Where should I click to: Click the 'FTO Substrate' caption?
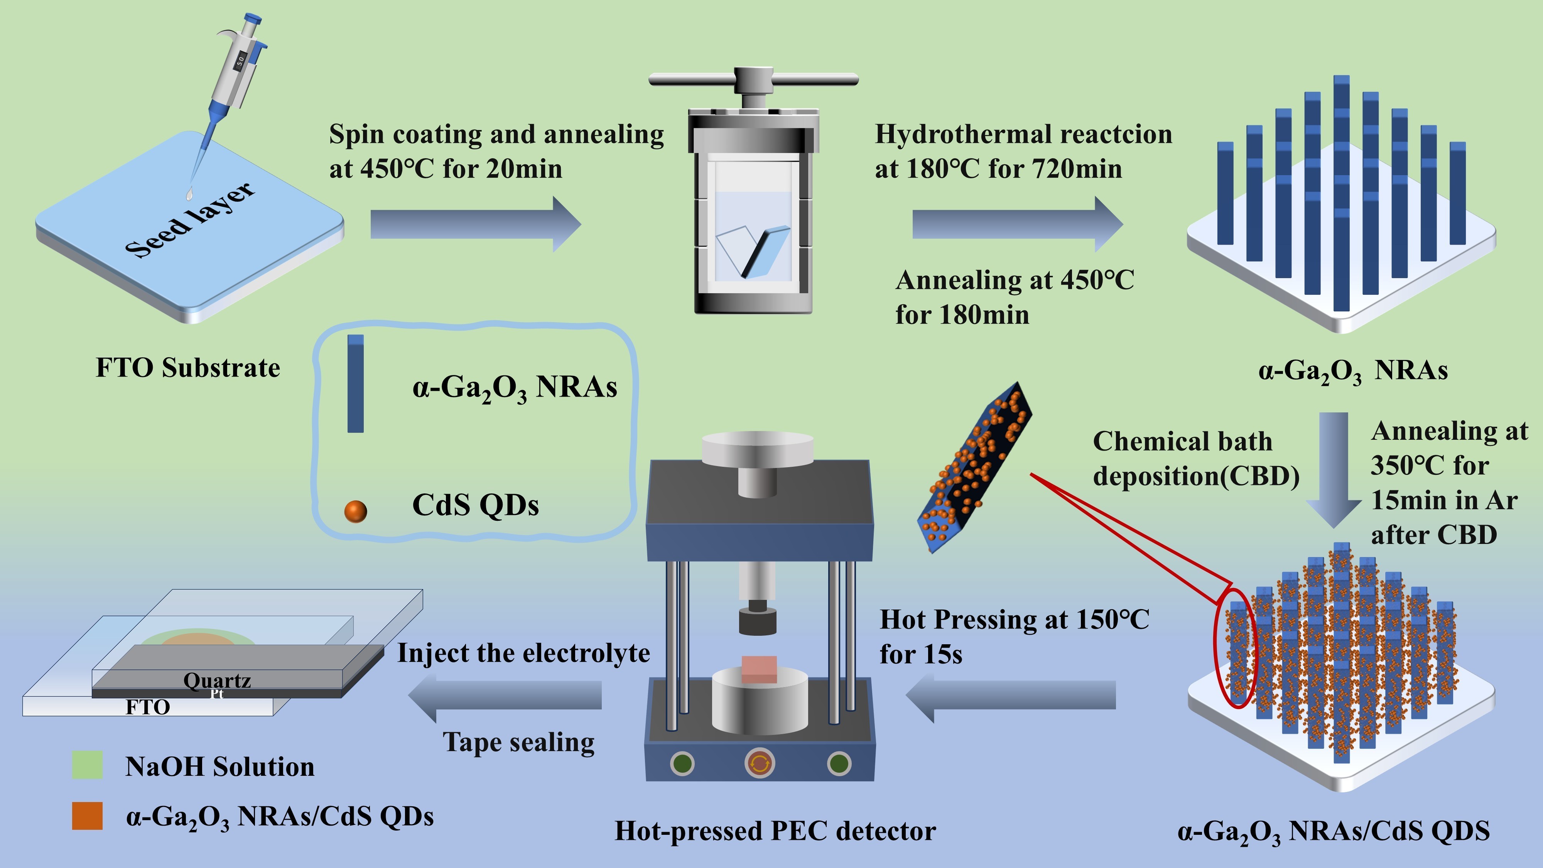pyautogui.click(x=187, y=368)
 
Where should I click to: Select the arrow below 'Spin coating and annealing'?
pyautogui.click(x=475, y=224)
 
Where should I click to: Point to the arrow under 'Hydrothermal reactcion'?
pyautogui.click(x=1017, y=224)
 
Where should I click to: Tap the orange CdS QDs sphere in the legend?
pyautogui.click(x=355, y=511)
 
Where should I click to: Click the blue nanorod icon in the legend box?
pyautogui.click(x=355, y=383)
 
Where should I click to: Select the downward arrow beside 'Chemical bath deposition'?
pyautogui.click(x=1334, y=467)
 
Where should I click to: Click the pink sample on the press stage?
pyautogui.click(x=759, y=669)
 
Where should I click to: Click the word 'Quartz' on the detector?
pyautogui.click(x=217, y=681)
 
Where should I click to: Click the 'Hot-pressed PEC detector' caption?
pyautogui.click(x=775, y=831)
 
